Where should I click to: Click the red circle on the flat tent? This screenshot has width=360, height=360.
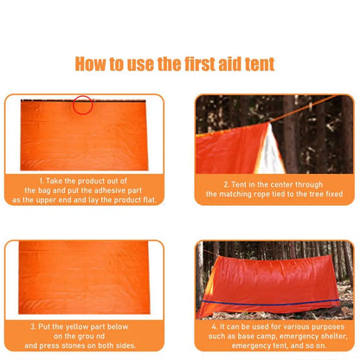[x=82, y=106]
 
